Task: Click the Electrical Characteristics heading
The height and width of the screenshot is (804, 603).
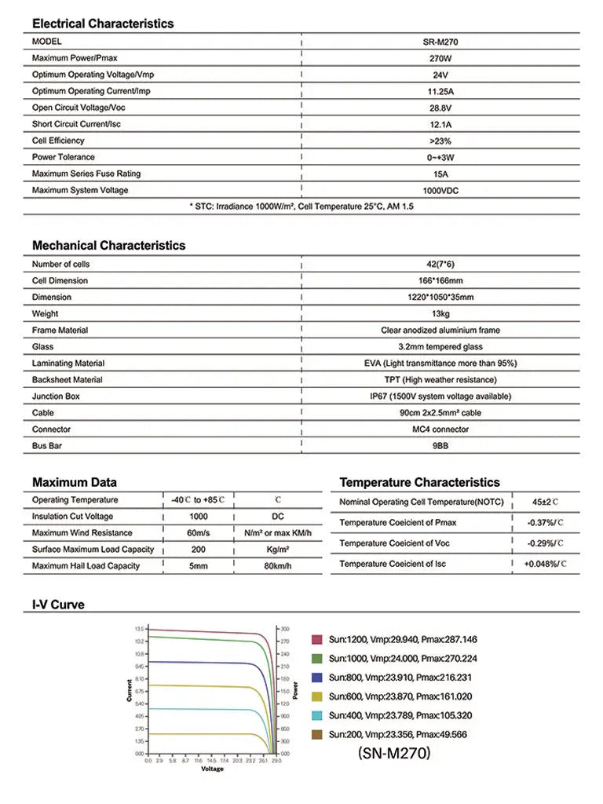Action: (103, 24)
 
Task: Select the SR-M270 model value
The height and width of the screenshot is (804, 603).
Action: (440, 42)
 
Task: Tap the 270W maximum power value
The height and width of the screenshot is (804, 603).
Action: (440, 58)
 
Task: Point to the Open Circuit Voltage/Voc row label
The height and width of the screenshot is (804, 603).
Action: (79, 108)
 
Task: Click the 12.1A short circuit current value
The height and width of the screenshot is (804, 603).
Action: (440, 124)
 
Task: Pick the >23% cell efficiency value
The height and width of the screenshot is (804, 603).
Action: (440, 141)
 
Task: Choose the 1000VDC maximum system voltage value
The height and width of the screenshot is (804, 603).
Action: (440, 190)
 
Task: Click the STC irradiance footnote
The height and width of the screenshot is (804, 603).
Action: (301, 206)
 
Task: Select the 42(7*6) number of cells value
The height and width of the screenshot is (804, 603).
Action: (440, 264)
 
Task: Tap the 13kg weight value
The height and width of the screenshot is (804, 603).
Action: (440, 313)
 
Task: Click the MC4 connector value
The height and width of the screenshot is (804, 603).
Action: (440, 429)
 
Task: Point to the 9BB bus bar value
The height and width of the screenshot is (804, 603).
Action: (440, 446)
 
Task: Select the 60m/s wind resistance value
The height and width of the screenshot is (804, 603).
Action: (199, 533)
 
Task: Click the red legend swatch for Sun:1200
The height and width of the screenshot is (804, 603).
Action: (317, 640)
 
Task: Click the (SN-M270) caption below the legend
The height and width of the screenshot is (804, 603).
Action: (393, 754)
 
